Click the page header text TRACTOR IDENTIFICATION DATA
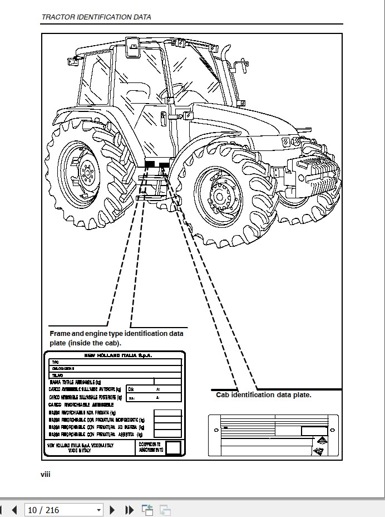96,17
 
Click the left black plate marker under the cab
150,164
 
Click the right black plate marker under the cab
164,165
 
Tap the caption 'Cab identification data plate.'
264,395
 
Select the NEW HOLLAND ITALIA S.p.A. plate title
117,355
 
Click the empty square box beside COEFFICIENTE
174,448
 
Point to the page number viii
45,474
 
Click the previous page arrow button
14,510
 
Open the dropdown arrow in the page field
98,510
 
